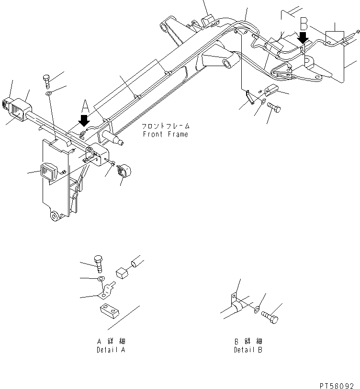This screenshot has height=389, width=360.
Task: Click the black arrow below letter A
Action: [83, 120]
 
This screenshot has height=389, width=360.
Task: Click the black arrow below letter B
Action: [303, 37]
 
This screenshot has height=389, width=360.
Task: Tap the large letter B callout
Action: [304, 23]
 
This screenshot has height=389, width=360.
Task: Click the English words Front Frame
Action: [165, 135]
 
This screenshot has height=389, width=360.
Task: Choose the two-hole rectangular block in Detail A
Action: [109, 312]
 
